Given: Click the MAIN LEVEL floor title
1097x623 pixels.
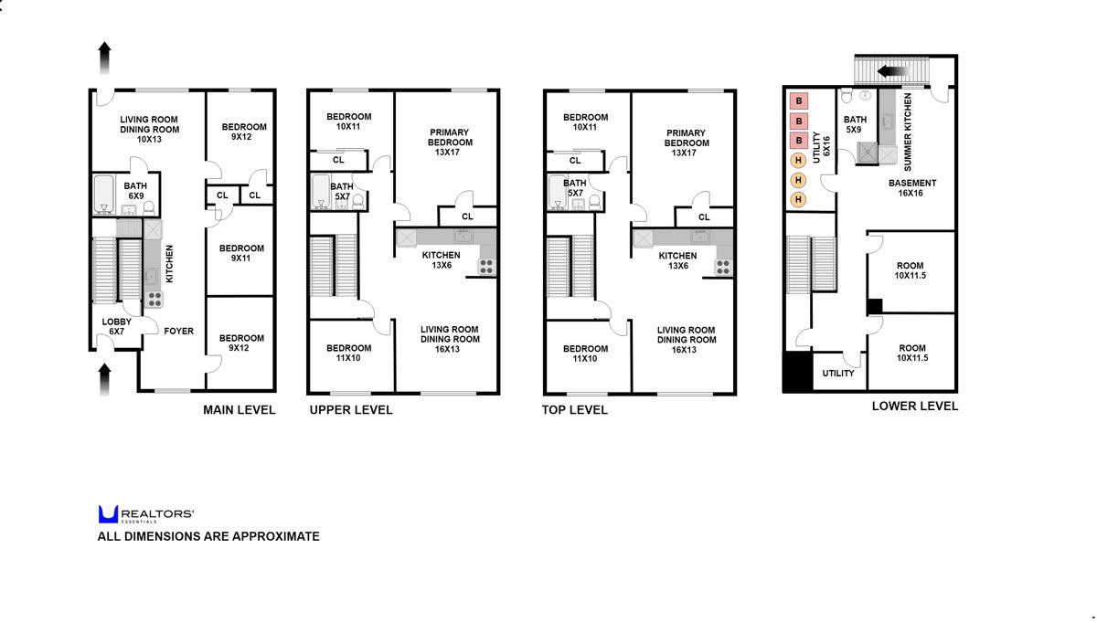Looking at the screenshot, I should click(239, 410).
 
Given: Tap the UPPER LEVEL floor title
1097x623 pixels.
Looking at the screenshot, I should click(351, 410).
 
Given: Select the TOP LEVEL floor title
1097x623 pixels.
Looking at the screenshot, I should click(575, 410).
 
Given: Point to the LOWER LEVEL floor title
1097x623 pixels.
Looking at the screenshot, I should click(915, 406).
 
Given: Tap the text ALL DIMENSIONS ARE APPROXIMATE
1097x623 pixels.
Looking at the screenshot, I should click(208, 536).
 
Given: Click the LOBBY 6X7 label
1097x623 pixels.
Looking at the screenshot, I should click(116, 326).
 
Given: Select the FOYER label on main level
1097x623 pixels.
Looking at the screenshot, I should click(178, 331).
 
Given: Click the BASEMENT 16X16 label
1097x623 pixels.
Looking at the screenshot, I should click(912, 188).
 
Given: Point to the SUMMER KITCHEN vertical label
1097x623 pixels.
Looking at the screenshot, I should click(908, 132).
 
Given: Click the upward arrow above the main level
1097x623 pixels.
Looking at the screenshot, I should click(104, 57).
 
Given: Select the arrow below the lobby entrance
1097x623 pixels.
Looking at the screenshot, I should click(104, 378).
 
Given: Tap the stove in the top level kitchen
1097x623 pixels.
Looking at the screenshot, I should click(723, 267).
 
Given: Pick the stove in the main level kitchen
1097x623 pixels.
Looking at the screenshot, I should click(154, 297).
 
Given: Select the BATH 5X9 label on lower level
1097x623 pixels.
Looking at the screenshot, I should click(855, 124).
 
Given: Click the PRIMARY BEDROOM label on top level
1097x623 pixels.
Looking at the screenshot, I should click(686, 143).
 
